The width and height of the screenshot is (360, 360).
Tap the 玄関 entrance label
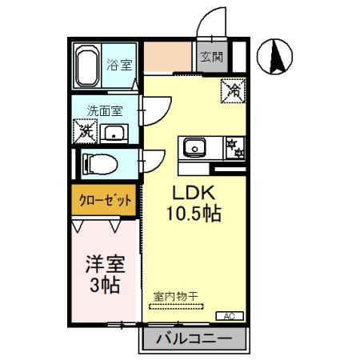tap(211, 58)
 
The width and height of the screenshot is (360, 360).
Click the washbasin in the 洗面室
tap(117, 133)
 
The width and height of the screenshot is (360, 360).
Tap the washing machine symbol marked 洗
tap(84, 130)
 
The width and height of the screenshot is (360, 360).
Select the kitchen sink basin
tap(194, 146)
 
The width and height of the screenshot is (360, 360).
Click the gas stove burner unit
tap(234, 146)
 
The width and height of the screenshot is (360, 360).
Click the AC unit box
tap(230, 315)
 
